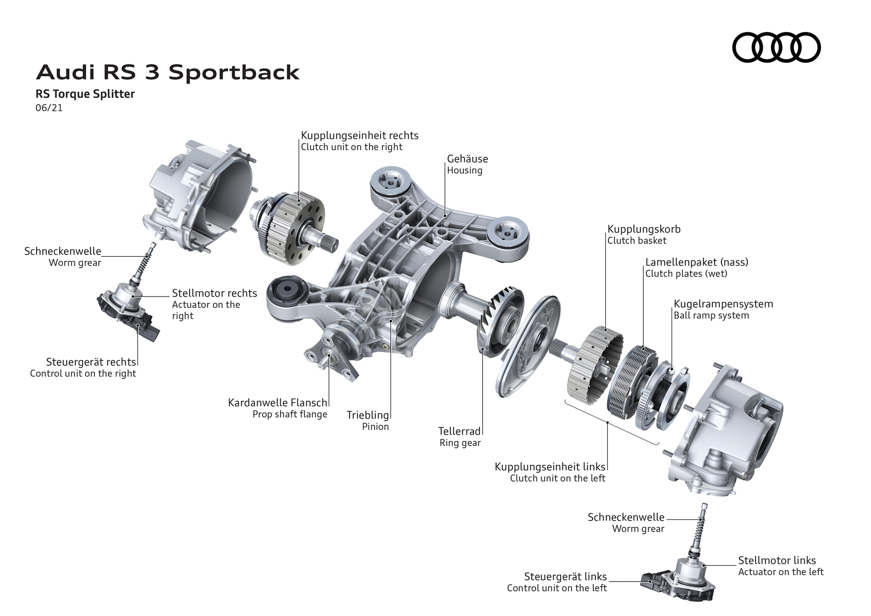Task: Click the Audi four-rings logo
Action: tap(776, 47)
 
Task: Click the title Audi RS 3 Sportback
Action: tap(167, 73)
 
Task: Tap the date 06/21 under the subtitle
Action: tap(49, 108)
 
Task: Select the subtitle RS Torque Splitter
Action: tap(85, 94)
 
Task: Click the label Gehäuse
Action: tap(467, 159)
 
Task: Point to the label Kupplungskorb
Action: tap(644, 229)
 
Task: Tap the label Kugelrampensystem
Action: tap(723, 304)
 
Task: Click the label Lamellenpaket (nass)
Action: tap(696, 262)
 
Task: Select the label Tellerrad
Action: tap(459, 431)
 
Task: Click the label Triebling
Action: tap(368, 415)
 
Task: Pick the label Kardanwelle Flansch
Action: tap(277, 402)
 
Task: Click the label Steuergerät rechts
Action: tap(91, 362)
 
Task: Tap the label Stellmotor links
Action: tap(777, 560)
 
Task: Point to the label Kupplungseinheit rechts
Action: tap(359, 135)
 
